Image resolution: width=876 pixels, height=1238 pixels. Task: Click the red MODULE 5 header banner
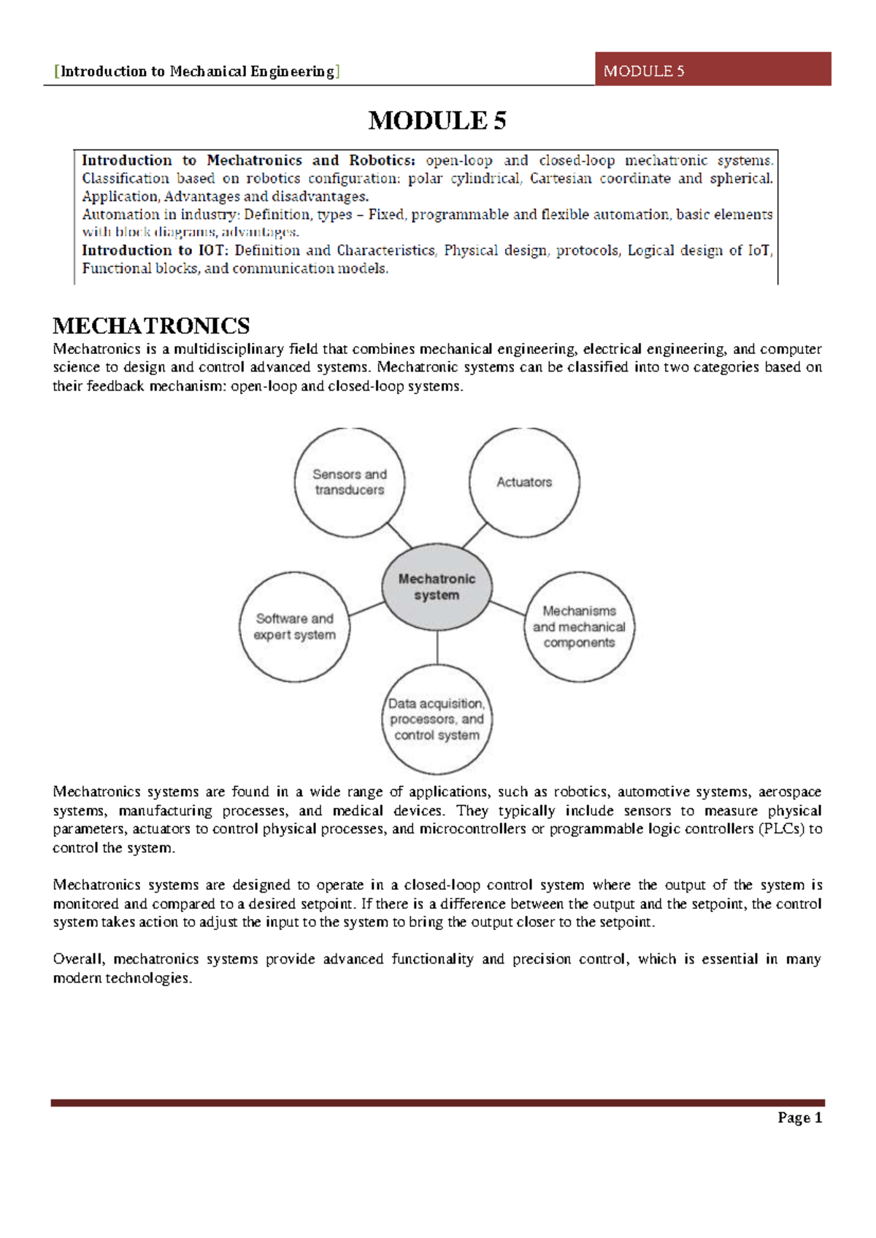pyautogui.click(x=712, y=69)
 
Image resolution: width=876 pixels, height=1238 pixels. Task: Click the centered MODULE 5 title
pyautogui.click(x=437, y=120)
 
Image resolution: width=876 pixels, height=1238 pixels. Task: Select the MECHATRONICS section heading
pyautogui.click(x=151, y=326)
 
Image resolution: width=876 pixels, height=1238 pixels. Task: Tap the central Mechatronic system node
pyautogui.click(x=437, y=586)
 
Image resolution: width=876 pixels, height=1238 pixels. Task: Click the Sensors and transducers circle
pyautogui.click(x=350, y=482)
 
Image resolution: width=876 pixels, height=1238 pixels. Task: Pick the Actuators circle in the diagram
pyautogui.click(x=524, y=482)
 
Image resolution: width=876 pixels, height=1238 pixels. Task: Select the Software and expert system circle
pyautogui.click(x=294, y=626)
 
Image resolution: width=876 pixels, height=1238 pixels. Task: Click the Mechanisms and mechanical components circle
pyautogui.click(x=579, y=626)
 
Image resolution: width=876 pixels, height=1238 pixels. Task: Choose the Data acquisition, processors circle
pyautogui.click(x=437, y=719)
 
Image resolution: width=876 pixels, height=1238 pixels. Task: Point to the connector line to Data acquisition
pyautogui.click(x=437, y=647)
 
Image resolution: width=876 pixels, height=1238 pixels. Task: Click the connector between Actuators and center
pyautogui.click(x=474, y=536)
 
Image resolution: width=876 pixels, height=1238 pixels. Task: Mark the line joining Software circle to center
pyautogui.click(x=366, y=609)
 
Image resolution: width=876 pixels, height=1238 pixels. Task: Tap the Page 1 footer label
pyautogui.click(x=799, y=1118)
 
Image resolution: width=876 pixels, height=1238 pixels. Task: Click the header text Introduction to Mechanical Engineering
pyautogui.click(x=197, y=72)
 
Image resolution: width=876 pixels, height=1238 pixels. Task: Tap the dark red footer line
pyautogui.click(x=437, y=1103)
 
